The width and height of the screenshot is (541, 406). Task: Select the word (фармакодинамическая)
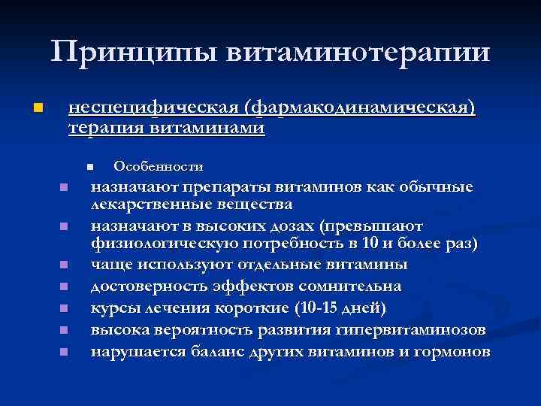[366, 108]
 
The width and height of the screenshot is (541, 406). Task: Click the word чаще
[110, 265]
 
